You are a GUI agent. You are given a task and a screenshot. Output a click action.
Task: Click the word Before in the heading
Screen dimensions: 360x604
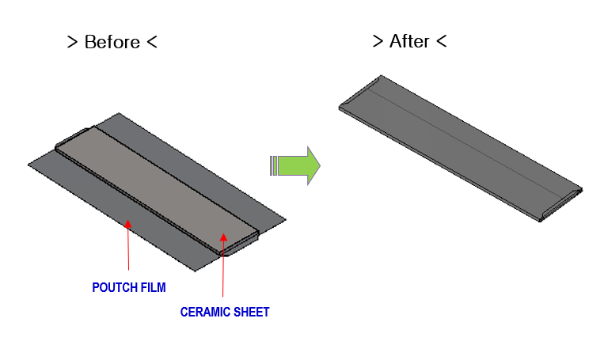coord(112,42)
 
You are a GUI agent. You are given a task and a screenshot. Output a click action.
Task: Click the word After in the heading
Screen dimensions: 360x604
coord(409,41)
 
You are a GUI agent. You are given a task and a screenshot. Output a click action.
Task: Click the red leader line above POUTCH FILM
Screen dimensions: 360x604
coord(128,253)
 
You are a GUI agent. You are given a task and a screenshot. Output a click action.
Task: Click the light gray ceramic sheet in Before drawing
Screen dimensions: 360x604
coord(158,182)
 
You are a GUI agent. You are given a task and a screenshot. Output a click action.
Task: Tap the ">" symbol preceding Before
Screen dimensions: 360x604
coord(72,43)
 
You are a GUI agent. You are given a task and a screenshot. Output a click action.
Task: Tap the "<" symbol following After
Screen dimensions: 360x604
coord(442,41)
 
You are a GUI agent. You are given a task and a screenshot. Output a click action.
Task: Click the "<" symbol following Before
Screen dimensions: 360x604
coord(152,43)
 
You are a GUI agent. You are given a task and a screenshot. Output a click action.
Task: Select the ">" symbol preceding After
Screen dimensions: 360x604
coord(378,41)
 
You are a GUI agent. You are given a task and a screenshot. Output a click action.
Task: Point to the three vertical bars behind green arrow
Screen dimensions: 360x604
coord(274,165)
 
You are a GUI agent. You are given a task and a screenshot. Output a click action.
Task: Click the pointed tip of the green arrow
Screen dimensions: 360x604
coord(318,165)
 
